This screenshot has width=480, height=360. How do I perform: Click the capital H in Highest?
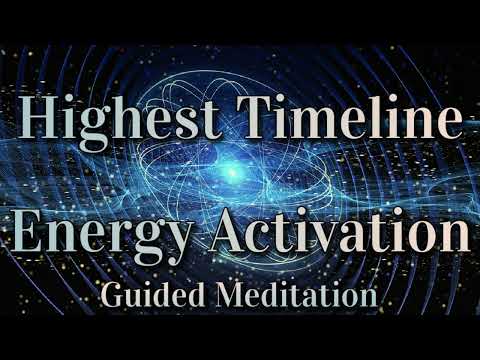(x=40, y=123)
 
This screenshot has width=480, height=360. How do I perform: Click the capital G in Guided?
(x=113, y=296)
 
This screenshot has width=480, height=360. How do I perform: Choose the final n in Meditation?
(x=366, y=299)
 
